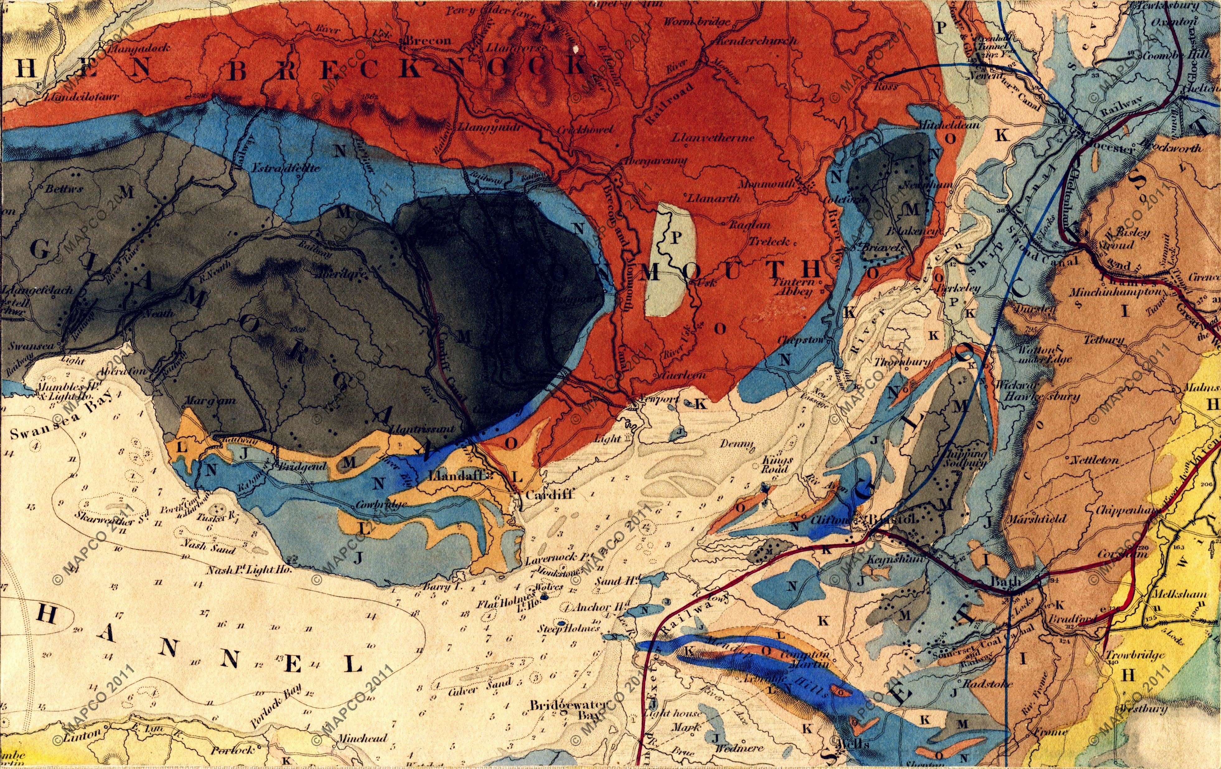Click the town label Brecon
(x=429, y=40)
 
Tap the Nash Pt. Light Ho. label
(x=250, y=570)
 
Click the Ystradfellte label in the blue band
(x=285, y=168)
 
